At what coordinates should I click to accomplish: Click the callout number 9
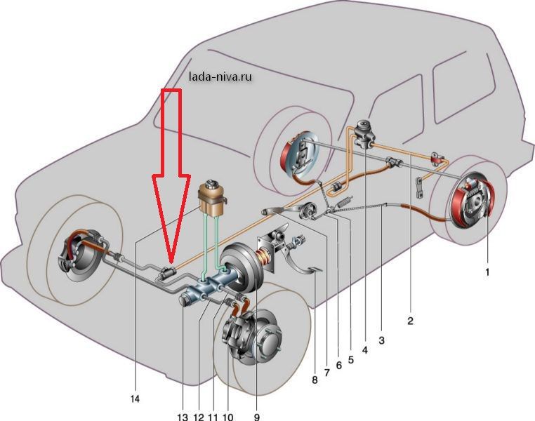pos(257,417)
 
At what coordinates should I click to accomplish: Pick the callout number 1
pos(487,269)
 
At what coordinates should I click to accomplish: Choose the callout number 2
pos(410,321)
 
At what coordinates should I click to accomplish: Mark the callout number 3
pos(381,341)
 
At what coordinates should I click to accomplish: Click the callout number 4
pos(365,349)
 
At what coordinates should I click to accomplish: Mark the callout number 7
pos(327,371)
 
